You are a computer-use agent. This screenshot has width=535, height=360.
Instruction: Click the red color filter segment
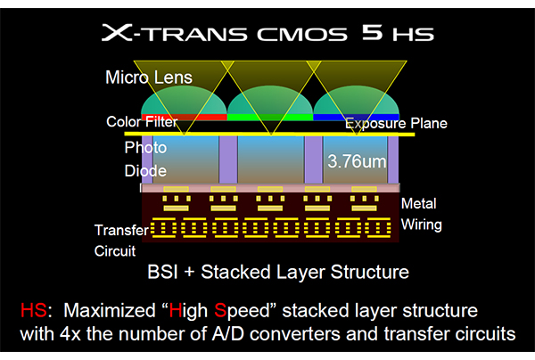point(185,118)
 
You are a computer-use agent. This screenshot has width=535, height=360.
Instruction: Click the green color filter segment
point(270,118)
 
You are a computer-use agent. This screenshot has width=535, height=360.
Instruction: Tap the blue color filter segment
point(356,118)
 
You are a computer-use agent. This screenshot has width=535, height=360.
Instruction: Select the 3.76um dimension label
point(357,161)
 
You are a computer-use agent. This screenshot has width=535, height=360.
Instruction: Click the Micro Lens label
point(149,78)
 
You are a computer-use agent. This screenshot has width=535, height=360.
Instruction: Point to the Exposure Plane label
point(396,123)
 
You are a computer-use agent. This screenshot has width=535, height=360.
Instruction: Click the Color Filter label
point(142,122)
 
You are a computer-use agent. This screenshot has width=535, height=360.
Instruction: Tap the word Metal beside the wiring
point(419,203)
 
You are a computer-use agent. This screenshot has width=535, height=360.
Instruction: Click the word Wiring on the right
point(422,225)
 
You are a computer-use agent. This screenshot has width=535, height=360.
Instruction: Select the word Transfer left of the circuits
point(121,230)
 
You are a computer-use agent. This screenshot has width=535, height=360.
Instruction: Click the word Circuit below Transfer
point(115,251)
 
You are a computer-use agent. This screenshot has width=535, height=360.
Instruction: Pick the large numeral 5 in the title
point(372,33)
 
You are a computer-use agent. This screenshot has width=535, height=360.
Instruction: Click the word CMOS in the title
point(302,35)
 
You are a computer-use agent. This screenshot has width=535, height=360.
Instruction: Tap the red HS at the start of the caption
point(34,311)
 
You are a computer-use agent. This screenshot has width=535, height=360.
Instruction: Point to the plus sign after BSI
point(189,273)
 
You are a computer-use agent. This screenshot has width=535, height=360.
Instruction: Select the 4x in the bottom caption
point(70,334)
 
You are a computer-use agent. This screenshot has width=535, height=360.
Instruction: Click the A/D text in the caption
point(228,334)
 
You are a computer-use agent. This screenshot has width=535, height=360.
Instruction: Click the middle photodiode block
point(271,160)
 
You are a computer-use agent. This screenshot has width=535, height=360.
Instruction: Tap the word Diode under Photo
point(145,171)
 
